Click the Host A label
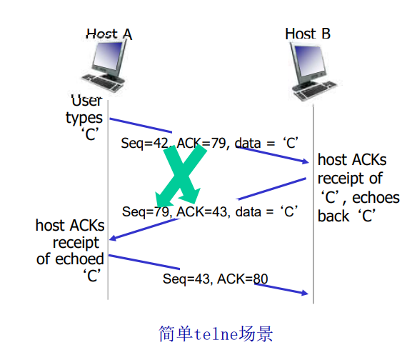pos(109,34)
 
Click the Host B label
pos(308,34)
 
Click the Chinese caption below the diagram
pos(215,334)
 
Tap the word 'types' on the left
pos(84,118)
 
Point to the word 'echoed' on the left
pos(81,259)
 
